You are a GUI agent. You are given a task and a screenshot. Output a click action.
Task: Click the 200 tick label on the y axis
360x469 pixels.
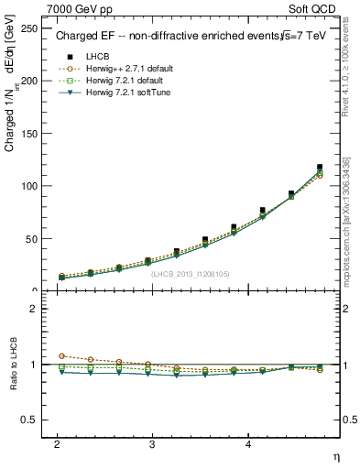click(x=31, y=81)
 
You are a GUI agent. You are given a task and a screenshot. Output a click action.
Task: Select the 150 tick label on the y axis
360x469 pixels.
click(x=31, y=134)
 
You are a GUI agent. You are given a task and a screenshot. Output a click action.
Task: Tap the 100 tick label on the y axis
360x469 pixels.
click(x=31, y=186)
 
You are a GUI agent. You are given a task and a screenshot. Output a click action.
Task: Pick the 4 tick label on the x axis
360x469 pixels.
click(x=248, y=443)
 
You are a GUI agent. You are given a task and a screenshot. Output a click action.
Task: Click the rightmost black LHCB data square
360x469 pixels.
click(x=320, y=168)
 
